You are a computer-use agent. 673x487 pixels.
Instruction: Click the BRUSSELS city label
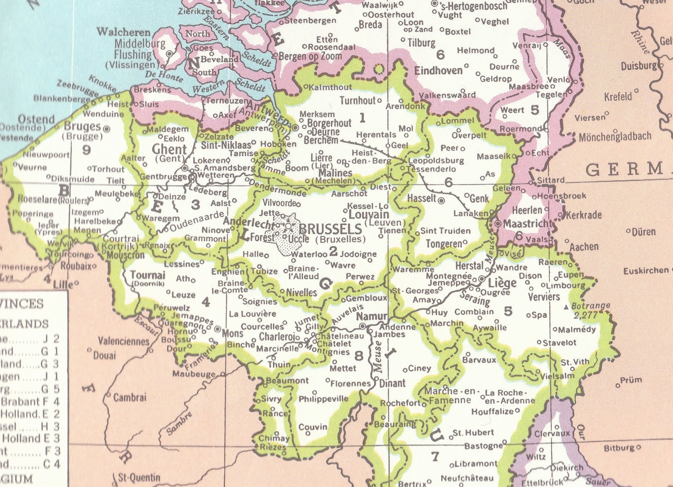click(x=330, y=229)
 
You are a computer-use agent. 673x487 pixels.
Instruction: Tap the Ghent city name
click(x=169, y=149)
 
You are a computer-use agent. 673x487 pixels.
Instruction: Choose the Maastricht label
click(x=527, y=224)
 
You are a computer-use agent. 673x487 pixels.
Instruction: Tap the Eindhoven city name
click(x=438, y=71)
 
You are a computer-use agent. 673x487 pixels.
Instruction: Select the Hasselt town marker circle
click(x=441, y=201)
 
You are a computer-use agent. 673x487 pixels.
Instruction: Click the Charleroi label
click(x=276, y=337)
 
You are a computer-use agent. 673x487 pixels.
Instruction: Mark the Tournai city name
click(x=148, y=275)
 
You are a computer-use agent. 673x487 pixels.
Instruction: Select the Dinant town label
click(x=392, y=383)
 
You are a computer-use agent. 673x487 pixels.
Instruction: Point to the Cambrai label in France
click(x=130, y=397)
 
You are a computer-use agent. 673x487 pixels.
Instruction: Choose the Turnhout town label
click(x=358, y=100)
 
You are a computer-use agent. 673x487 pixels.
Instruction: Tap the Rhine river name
click(x=641, y=42)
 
